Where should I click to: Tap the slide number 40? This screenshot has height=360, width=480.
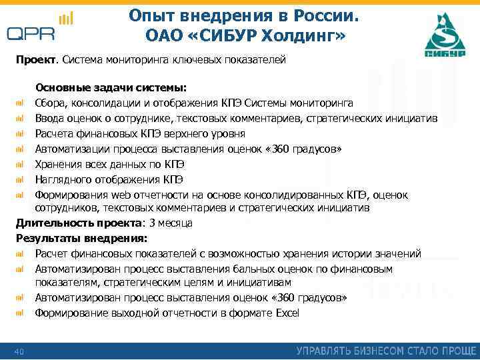click(x=19, y=351)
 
